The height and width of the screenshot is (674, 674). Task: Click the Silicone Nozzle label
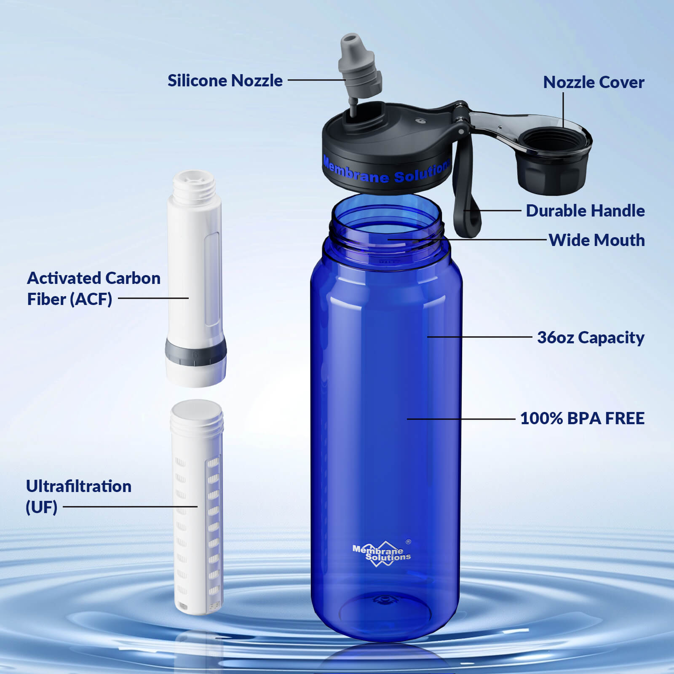click(225, 80)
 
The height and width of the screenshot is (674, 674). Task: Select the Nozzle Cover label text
click(594, 83)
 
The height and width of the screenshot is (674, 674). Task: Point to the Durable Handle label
click(585, 211)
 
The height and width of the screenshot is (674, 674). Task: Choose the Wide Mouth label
click(596, 240)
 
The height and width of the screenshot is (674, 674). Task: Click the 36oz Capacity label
click(591, 337)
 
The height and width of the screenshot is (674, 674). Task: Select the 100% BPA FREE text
click(582, 418)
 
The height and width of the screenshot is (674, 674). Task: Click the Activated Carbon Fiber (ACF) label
click(94, 289)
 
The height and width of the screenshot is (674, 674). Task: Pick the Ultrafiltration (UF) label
click(78, 496)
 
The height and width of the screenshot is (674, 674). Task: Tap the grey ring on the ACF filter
click(195, 349)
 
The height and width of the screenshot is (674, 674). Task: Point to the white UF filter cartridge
click(197, 505)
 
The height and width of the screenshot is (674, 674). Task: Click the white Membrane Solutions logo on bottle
click(382, 554)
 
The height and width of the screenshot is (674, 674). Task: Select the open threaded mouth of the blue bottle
click(386, 219)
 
